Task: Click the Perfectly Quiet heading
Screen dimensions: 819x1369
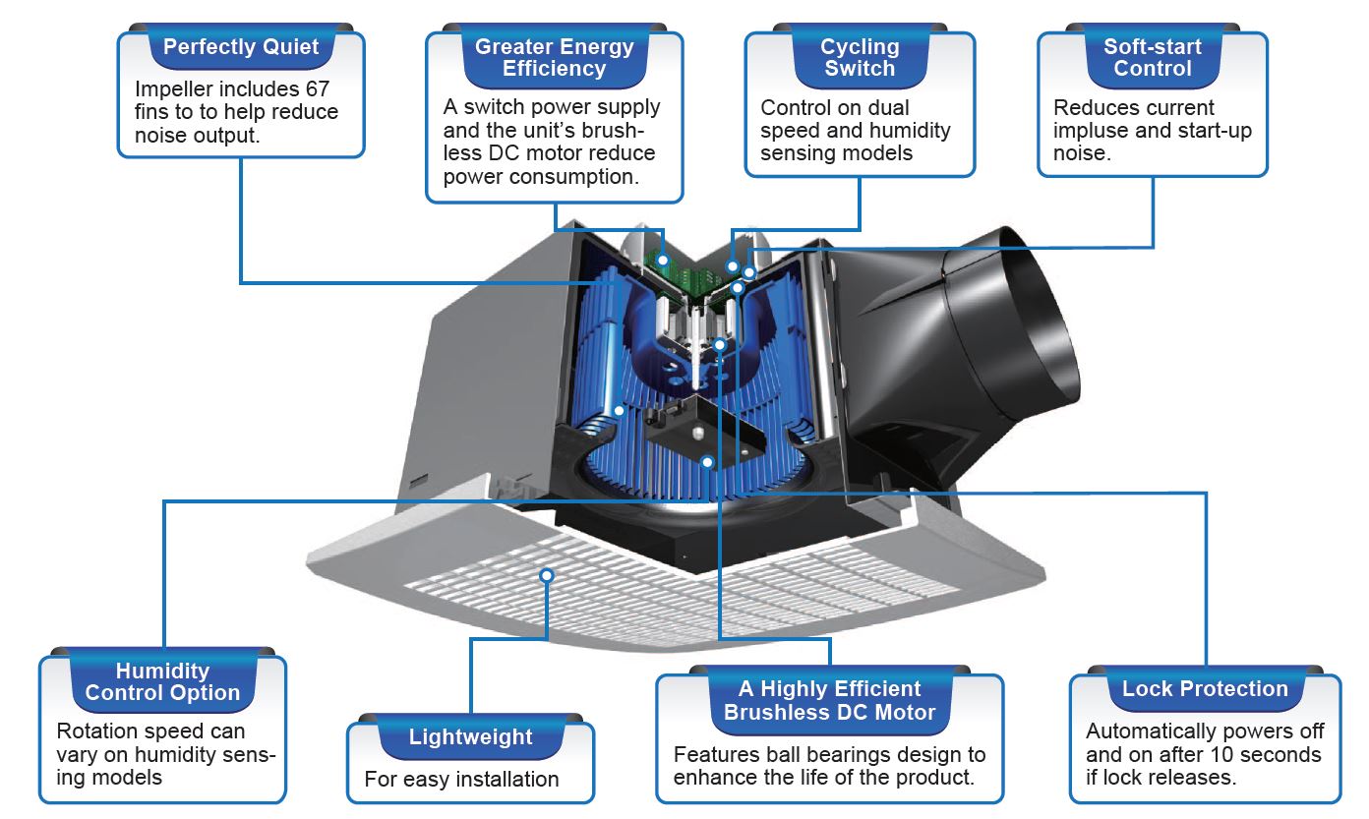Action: point(240,47)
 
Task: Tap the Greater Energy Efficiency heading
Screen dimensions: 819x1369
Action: point(554,58)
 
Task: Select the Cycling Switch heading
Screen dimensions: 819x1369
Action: point(860,58)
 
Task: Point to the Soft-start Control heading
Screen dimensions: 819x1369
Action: point(1153,58)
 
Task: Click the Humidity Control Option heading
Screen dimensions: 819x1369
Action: point(162,682)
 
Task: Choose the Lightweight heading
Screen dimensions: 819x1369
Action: point(470,737)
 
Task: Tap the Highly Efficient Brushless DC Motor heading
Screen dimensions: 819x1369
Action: point(829,701)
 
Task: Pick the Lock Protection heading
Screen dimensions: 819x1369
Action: point(1205,689)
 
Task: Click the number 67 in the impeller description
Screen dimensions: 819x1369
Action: point(317,88)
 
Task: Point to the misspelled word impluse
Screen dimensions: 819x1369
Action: point(1088,131)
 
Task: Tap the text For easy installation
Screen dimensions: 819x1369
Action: point(461,780)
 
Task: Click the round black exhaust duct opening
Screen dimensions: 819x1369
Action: point(1023,334)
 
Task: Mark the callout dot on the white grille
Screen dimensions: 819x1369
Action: point(547,574)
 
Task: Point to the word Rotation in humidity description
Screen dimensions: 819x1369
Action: point(97,731)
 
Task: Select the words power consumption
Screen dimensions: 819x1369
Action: point(537,177)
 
